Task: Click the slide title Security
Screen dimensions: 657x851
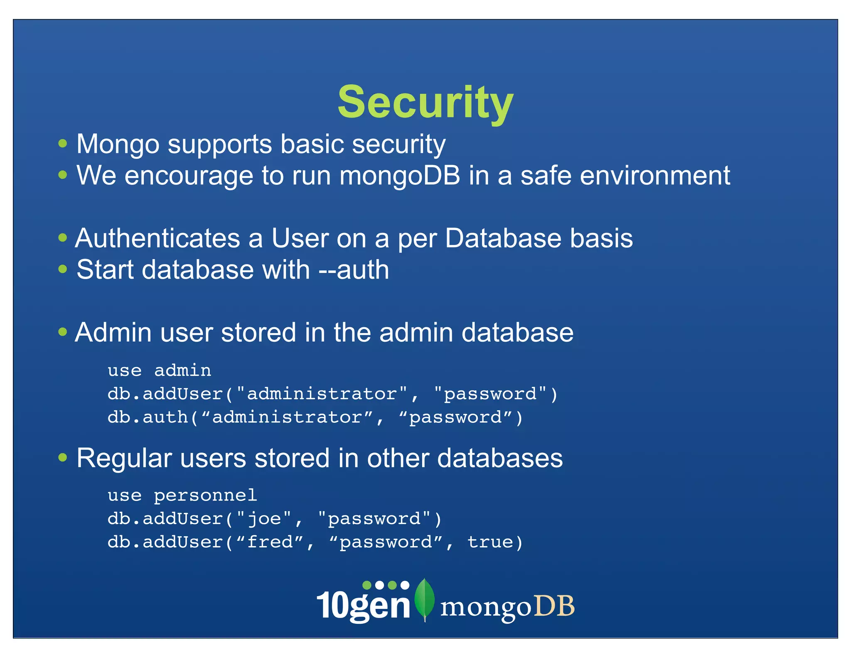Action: [425, 102]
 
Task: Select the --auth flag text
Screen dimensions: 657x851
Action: [354, 270]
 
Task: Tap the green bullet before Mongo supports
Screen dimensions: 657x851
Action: [63, 144]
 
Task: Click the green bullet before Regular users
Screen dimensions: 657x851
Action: [63, 458]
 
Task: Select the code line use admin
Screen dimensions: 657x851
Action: [159, 370]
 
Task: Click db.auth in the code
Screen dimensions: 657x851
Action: [148, 417]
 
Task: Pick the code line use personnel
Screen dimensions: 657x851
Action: [182, 495]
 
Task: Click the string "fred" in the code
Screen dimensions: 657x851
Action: [270, 542]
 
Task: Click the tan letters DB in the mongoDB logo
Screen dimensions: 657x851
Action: [554, 606]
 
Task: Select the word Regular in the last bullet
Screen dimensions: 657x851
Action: [124, 458]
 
